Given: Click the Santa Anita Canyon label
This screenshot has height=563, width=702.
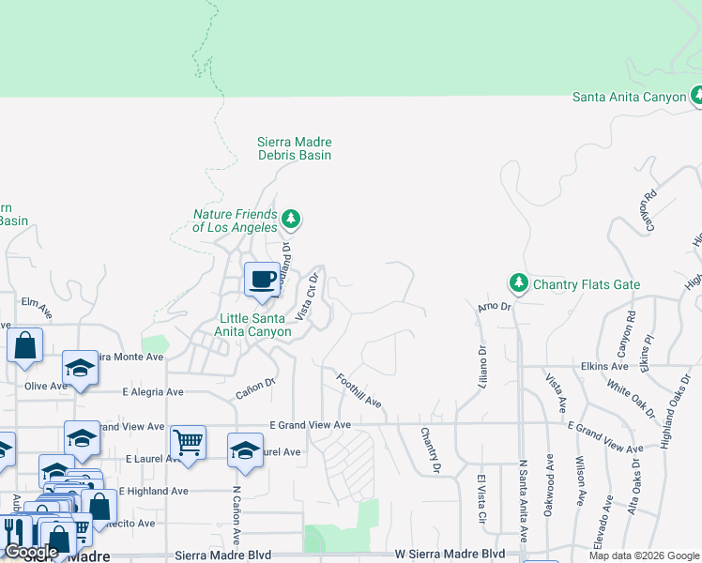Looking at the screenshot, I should pos(630,98).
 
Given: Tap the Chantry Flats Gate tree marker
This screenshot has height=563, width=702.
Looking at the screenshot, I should pos(518,282).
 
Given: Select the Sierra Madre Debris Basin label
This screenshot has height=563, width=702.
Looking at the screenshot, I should pos(295,148).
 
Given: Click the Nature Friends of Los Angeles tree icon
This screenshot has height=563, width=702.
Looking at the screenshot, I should pos(292,220).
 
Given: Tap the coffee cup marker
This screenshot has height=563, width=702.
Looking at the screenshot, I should pos(262,279).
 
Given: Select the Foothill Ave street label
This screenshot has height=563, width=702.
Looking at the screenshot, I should pos(359,389).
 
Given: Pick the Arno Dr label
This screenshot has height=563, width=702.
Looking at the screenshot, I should pos(492,307).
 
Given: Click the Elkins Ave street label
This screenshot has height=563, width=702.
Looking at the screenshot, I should pos(605,366).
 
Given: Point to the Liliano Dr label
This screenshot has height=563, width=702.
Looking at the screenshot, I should pos(481,367).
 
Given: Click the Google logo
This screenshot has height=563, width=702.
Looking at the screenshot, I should pos(31,553).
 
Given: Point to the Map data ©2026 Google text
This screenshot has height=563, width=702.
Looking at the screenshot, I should pos(643,555).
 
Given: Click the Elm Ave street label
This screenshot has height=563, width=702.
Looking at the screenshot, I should pos(34,302).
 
